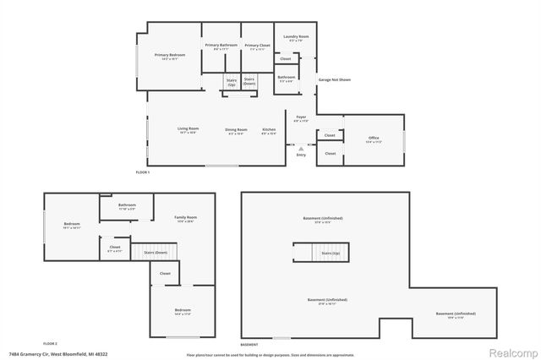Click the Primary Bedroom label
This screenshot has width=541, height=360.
(x=169, y=56)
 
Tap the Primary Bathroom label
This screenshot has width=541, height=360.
(x=221, y=46)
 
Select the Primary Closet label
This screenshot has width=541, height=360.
(x=256, y=46)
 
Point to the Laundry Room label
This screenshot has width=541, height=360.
(x=296, y=38)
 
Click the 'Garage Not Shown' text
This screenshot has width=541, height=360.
(x=334, y=79)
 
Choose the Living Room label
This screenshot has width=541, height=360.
(x=187, y=129)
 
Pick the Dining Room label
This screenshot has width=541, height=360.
(x=236, y=129)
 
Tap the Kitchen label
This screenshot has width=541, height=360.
(x=269, y=129)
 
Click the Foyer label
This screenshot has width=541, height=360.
(x=301, y=117)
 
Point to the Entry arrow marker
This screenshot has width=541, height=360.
(x=301, y=148)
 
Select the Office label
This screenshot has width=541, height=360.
(x=373, y=138)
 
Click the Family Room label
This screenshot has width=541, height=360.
(x=184, y=219)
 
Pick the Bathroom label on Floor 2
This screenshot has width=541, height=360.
(x=127, y=205)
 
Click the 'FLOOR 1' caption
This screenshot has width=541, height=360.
(x=142, y=172)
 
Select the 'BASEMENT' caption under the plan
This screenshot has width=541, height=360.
(x=249, y=345)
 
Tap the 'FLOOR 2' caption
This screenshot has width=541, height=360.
(x=49, y=343)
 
